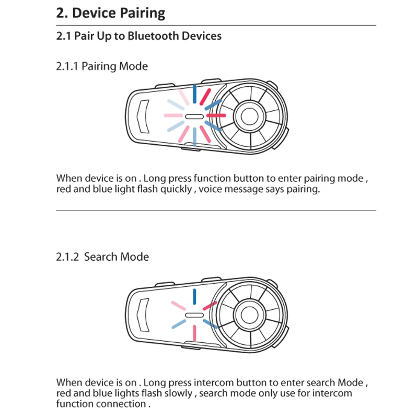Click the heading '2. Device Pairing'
pyautogui.click(x=110, y=13)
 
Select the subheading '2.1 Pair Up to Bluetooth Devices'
pyautogui.click(x=138, y=36)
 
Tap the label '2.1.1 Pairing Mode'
pyautogui.click(x=102, y=66)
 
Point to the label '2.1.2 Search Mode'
pyautogui.click(x=102, y=257)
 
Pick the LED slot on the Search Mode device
pyautogui.click(x=193, y=316)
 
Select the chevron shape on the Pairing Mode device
pyautogui.click(x=142, y=115)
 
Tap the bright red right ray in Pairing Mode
pyautogui.click(x=216, y=115)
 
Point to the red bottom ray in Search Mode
pyautogui.click(x=194, y=333)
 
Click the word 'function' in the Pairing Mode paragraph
pyautogui.click(x=207, y=178)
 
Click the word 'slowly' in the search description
pyautogui.click(x=179, y=393)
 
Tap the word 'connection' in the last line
pyautogui.click(x=121, y=404)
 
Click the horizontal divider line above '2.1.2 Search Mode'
pyautogui.click(x=216, y=211)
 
